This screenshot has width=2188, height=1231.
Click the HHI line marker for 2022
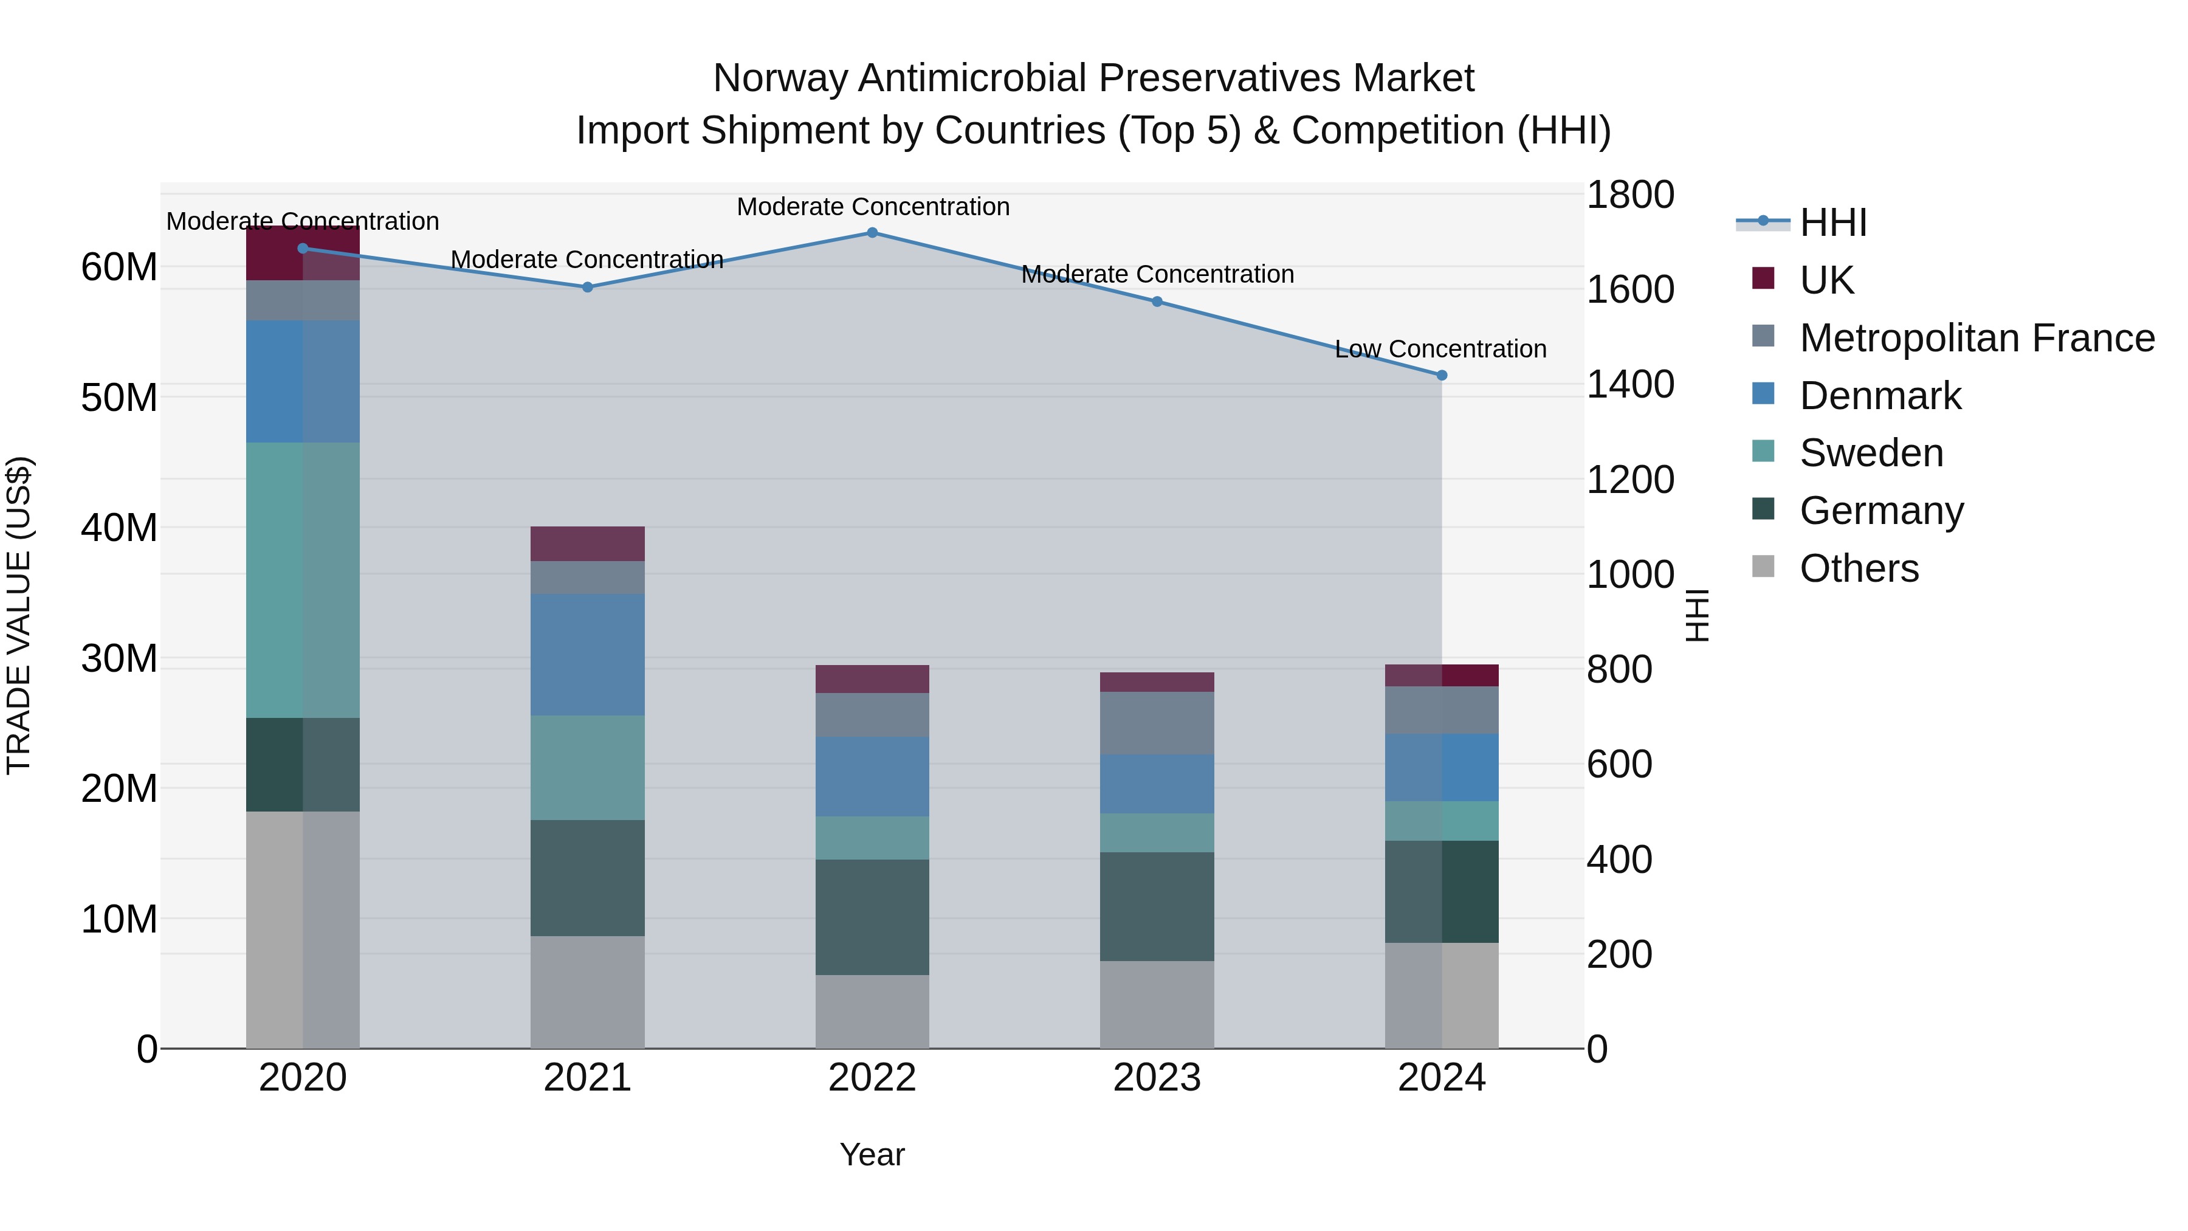(x=872, y=232)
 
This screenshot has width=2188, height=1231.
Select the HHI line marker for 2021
(x=587, y=287)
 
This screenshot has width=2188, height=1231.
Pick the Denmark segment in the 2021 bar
(x=587, y=654)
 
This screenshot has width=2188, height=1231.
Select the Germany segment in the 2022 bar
(x=872, y=917)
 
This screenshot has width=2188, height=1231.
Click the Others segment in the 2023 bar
(x=1156, y=1004)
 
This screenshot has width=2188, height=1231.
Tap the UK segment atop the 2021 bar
(x=587, y=543)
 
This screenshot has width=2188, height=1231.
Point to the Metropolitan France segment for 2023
(x=1156, y=723)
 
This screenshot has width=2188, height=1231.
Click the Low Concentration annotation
(x=1440, y=349)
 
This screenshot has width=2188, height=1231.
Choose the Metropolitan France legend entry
(x=1976, y=338)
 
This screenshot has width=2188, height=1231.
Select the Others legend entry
(x=1859, y=568)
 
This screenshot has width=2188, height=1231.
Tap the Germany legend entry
(x=1880, y=511)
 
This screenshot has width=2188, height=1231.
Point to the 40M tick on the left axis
(x=119, y=528)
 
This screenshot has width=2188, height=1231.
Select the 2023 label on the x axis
(x=1156, y=1078)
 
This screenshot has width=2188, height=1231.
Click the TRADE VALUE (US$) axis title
(x=19, y=615)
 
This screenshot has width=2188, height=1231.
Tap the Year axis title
(x=872, y=1154)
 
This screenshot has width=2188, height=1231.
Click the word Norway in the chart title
(x=779, y=78)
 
